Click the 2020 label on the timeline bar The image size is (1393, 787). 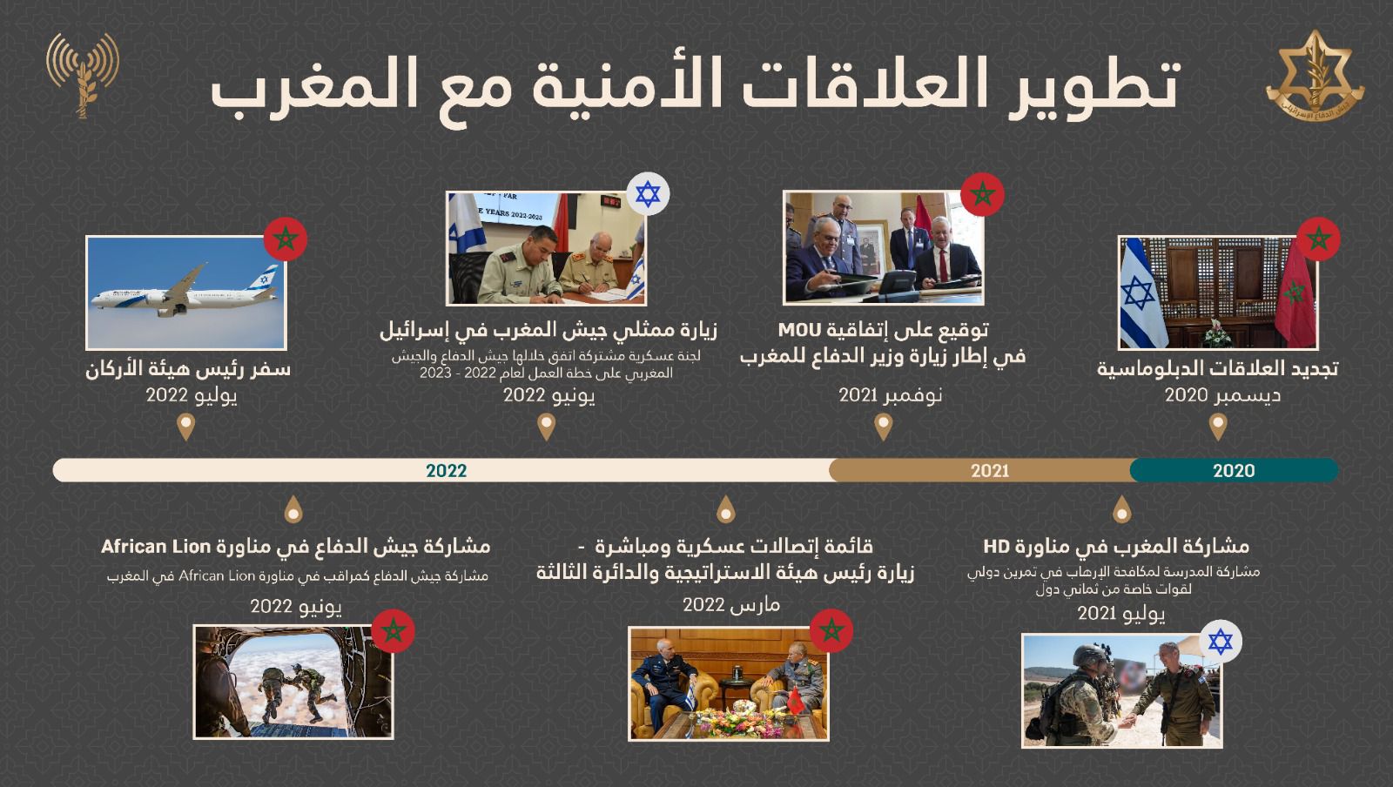pos(1233,471)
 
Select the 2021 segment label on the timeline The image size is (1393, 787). pos(990,471)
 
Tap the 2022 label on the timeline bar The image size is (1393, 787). pos(446,471)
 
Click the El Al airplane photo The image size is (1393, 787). pos(187,293)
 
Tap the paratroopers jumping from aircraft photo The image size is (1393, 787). pos(293,682)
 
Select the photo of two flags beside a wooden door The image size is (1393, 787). pos(1217,293)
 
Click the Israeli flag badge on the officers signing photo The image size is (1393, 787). pos(648,193)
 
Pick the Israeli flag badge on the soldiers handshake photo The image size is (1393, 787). pos(1221,642)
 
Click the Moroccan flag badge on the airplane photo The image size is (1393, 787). pos(286,239)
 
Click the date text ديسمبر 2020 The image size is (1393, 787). pos(1222,395)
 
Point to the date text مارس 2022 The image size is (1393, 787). pos(731,603)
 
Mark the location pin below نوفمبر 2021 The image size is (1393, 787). pos(883,427)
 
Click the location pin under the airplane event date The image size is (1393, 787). pos(185,427)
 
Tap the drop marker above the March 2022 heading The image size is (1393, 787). pos(725,508)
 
